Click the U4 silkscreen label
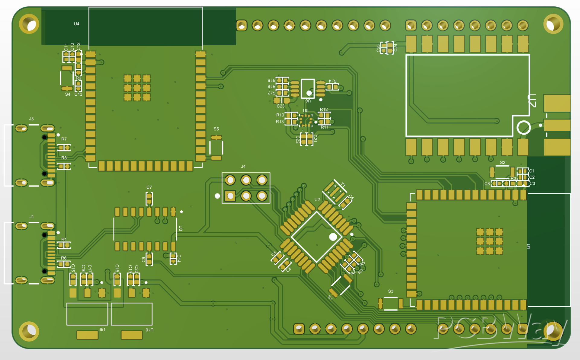76,24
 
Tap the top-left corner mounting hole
29,24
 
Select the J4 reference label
243,166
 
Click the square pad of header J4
230,196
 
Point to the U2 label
317,199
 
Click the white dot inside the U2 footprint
333,237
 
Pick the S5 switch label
216,129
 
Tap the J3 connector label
31,119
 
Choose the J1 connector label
31,216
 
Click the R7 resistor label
64,139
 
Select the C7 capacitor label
149,187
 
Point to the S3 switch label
391,291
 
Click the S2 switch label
502,162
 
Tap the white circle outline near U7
524,127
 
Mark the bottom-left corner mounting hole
29,331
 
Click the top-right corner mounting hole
553,24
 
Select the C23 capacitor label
280,106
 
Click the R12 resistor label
324,109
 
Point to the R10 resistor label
280,115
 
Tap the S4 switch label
68,94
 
